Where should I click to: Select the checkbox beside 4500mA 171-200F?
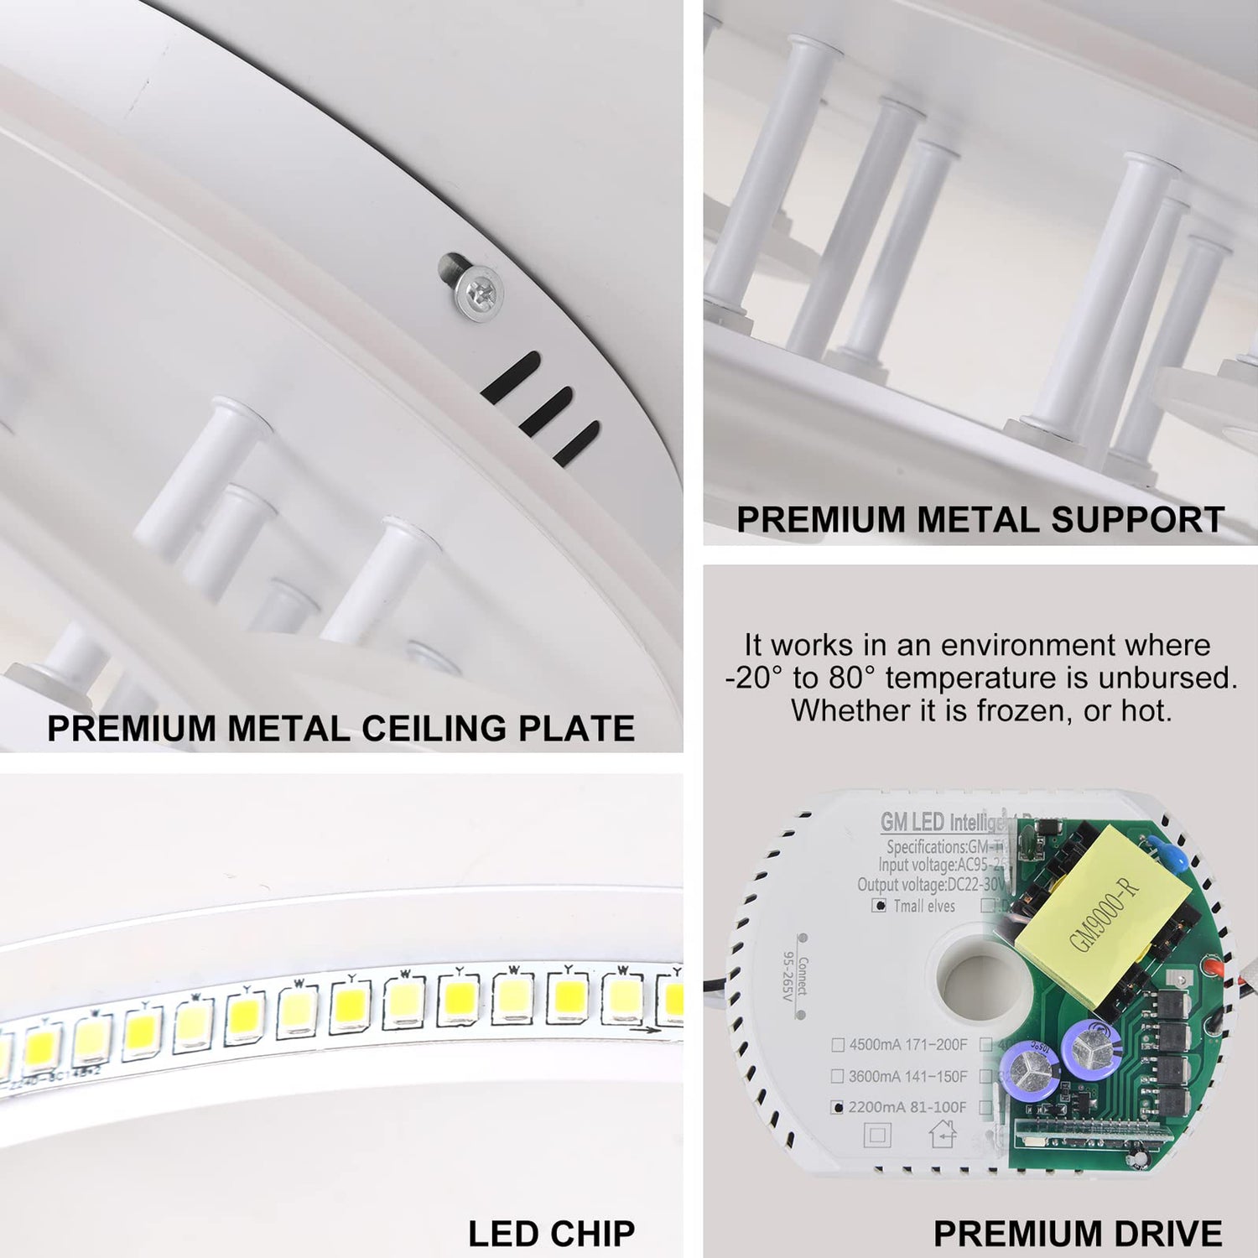point(837,1045)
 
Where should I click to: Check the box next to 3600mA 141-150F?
point(837,1076)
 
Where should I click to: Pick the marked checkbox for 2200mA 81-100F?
point(837,1107)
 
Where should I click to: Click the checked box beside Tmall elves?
point(879,906)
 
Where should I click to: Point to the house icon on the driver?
point(943,1135)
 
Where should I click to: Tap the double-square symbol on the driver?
point(877,1136)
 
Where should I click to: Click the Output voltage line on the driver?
point(929,885)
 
